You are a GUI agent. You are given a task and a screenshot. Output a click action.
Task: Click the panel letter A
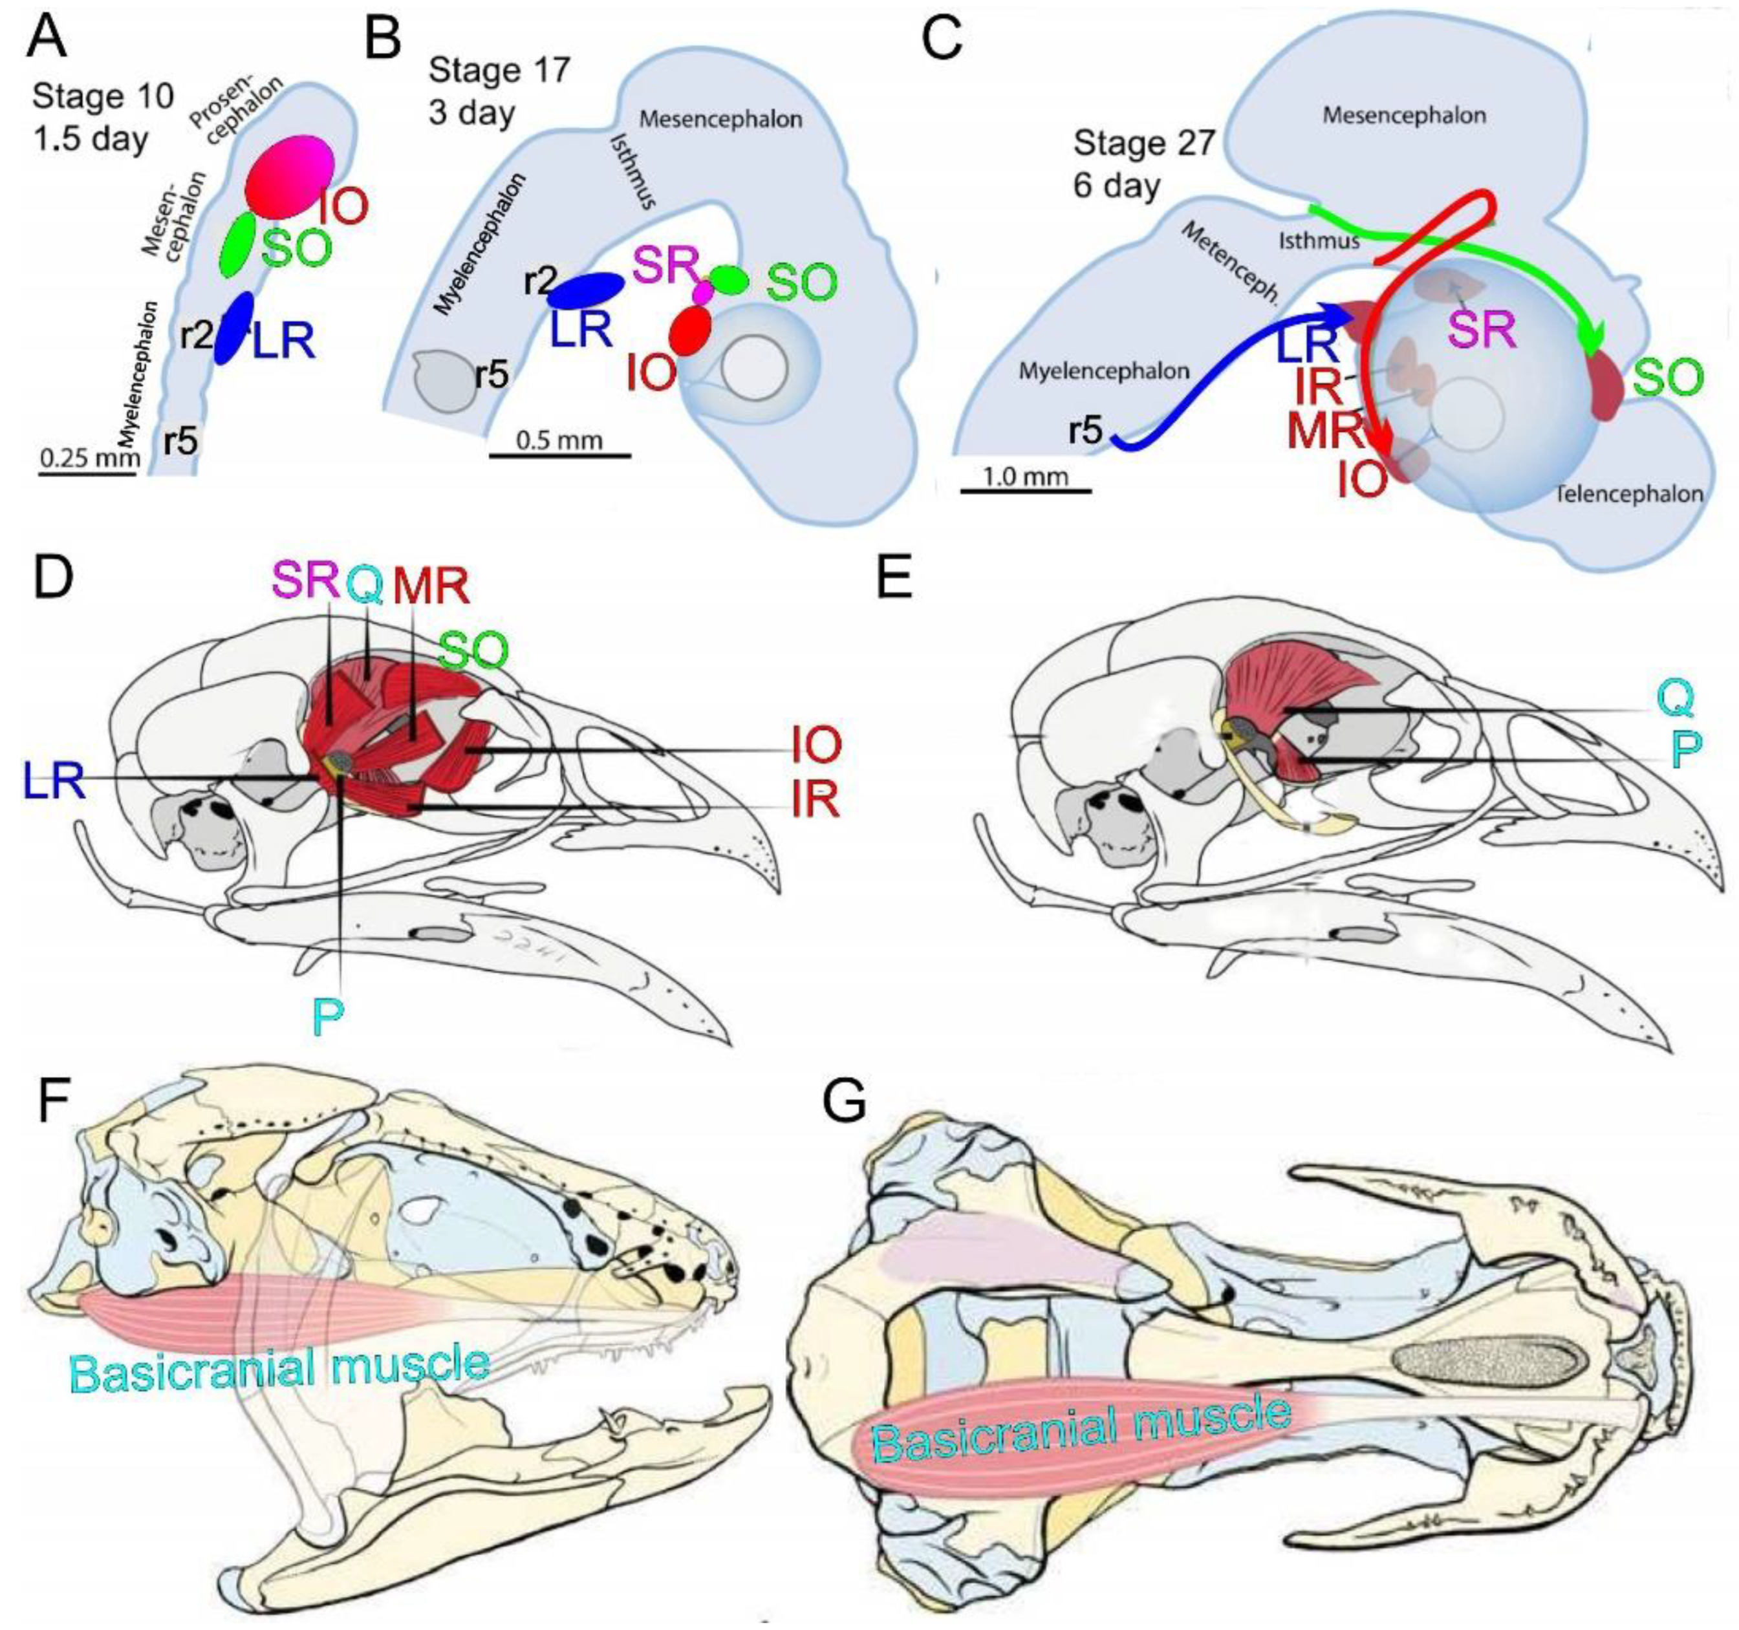tap(47, 35)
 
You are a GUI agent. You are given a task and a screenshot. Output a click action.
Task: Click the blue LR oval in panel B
tap(585, 290)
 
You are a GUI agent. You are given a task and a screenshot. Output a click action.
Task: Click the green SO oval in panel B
tap(729, 279)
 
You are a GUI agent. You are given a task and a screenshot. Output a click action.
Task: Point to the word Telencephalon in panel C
tap(1630, 494)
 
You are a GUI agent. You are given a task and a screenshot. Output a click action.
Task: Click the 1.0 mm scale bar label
tap(1024, 476)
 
